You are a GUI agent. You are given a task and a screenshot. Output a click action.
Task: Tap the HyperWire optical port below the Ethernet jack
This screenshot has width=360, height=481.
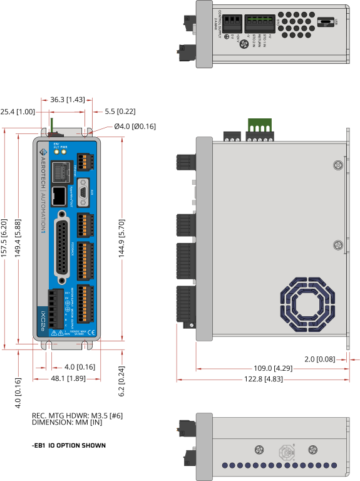pyautogui.click(x=59, y=196)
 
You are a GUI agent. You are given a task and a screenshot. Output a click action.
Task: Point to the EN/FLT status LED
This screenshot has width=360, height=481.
pyautogui.click(x=56, y=152)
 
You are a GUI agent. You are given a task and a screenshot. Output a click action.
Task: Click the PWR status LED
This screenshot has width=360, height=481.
pyautogui.click(x=64, y=152)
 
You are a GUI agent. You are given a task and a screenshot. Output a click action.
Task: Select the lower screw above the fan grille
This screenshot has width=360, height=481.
pyautogui.click(x=338, y=244)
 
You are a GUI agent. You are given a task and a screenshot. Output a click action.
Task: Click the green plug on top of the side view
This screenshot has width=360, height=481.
pyautogui.click(x=260, y=125)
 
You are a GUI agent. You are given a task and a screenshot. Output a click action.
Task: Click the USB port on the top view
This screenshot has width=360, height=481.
pyautogui.click(x=326, y=22)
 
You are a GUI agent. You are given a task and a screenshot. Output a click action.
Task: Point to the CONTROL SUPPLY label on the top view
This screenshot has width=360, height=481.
pyautogui.click(x=219, y=24)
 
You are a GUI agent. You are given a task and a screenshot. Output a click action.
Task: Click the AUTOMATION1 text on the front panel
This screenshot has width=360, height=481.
pyautogui.click(x=42, y=222)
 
